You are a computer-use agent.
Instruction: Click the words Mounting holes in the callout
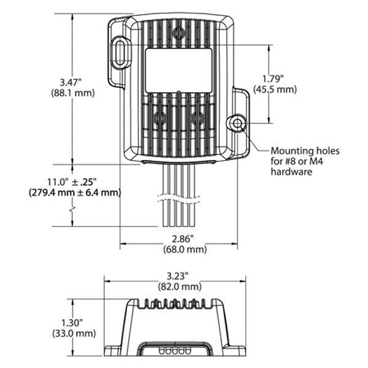tap(305, 151)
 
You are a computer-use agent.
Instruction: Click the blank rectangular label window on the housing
tap(178, 71)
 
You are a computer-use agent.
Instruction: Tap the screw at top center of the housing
tap(178, 33)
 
